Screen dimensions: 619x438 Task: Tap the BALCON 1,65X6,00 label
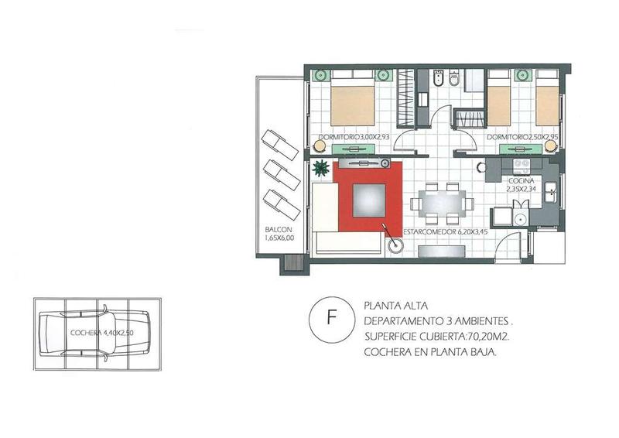click(279, 234)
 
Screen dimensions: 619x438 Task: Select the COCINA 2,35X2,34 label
click(521, 184)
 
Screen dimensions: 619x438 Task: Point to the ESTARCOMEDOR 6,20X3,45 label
click(445, 232)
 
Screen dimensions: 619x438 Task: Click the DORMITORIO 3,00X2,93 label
click(354, 137)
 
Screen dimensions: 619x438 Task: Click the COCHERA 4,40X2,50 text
click(102, 333)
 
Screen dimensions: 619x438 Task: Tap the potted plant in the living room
click(321, 168)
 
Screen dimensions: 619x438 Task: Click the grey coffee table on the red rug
click(369, 200)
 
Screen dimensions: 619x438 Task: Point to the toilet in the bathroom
click(454, 78)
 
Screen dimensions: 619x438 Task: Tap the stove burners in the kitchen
click(521, 166)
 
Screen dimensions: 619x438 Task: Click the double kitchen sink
click(551, 193)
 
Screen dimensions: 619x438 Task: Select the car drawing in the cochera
click(94, 334)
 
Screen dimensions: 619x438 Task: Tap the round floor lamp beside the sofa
click(395, 245)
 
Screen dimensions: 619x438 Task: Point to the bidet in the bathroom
click(438, 78)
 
